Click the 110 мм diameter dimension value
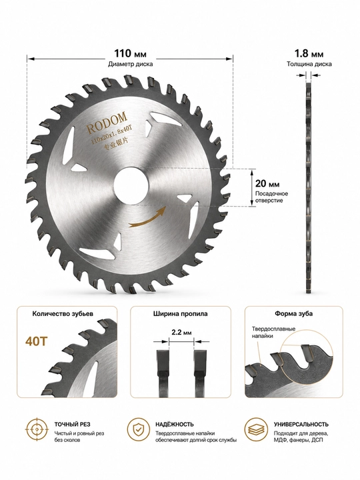point(131,54)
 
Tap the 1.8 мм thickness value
point(309,54)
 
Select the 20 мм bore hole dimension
point(267,184)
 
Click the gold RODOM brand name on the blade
point(107,123)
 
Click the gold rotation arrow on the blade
point(147,217)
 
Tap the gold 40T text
point(37,341)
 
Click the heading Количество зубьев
point(63,314)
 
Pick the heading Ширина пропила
point(180,314)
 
